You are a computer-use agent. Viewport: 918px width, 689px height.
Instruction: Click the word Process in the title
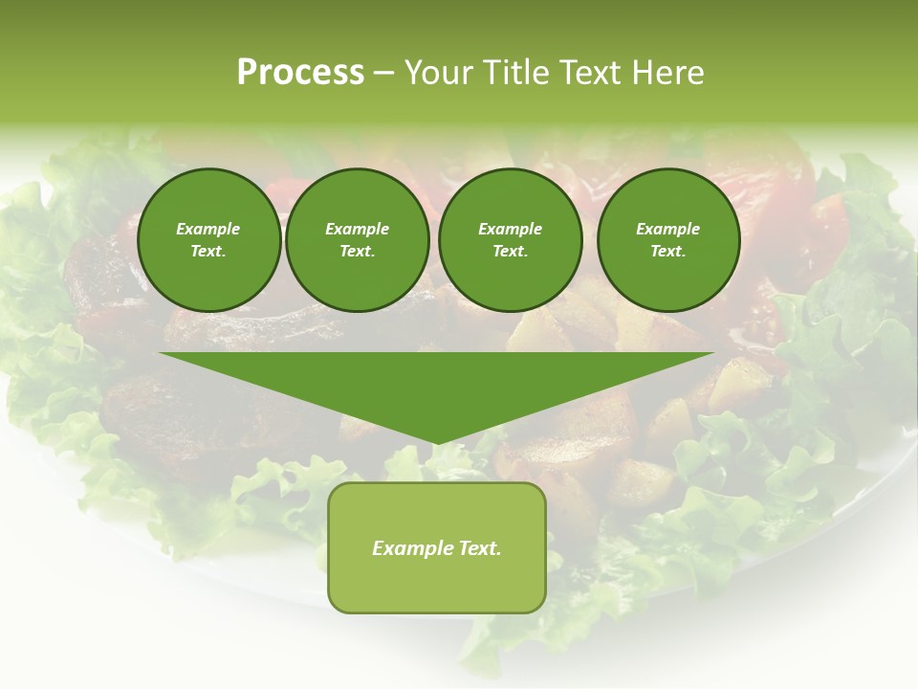tap(300, 73)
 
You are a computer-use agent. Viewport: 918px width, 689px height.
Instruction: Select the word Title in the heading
tap(518, 73)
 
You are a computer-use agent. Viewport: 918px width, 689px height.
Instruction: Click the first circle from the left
tap(208, 239)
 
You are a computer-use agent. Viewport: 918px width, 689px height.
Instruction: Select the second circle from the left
tap(358, 239)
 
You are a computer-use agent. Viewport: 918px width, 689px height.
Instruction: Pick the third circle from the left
tap(510, 239)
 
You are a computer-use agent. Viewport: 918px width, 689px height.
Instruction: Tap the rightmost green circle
tap(668, 239)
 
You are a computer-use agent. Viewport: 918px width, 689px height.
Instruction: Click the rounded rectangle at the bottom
tap(437, 547)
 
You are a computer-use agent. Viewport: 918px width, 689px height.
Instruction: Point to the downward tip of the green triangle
tap(437, 443)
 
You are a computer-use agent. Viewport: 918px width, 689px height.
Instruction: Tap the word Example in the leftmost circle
tap(208, 229)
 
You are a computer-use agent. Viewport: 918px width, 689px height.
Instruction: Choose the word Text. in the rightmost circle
tap(668, 251)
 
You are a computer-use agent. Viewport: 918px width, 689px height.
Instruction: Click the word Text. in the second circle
tap(358, 251)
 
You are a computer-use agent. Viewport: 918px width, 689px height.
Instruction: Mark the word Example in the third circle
tap(510, 229)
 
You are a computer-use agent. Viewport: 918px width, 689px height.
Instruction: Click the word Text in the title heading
tap(587, 73)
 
